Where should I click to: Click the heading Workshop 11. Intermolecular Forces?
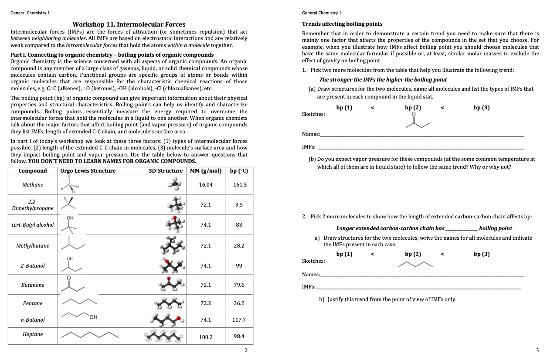tap(129, 24)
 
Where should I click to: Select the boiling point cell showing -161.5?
tap(239, 185)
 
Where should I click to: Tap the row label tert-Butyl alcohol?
tap(33, 225)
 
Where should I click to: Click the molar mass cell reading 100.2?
tap(205, 337)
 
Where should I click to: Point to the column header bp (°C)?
tap(239, 171)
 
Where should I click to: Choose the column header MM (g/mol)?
tap(205, 171)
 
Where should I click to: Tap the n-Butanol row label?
tap(33, 320)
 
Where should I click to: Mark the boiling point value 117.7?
tap(239, 320)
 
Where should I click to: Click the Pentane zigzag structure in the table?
tap(79, 302)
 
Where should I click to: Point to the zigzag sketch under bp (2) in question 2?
tap(415, 264)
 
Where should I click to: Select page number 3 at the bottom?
tap(537, 350)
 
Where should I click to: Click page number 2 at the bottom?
tap(246, 350)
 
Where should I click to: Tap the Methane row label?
tap(33, 185)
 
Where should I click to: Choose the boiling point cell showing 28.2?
tap(239, 246)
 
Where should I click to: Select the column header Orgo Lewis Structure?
tap(88, 171)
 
